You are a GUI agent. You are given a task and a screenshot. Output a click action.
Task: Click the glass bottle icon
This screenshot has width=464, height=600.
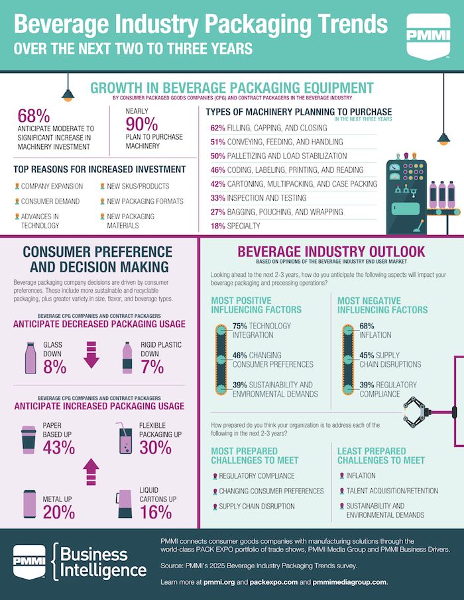coord(30,358)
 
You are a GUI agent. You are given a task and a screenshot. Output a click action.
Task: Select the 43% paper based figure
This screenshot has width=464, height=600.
coord(58,448)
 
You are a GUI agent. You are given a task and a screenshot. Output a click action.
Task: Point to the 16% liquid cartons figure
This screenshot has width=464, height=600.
coord(155,511)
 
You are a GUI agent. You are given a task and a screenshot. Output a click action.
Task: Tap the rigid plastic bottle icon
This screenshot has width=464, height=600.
coord(127,358)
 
